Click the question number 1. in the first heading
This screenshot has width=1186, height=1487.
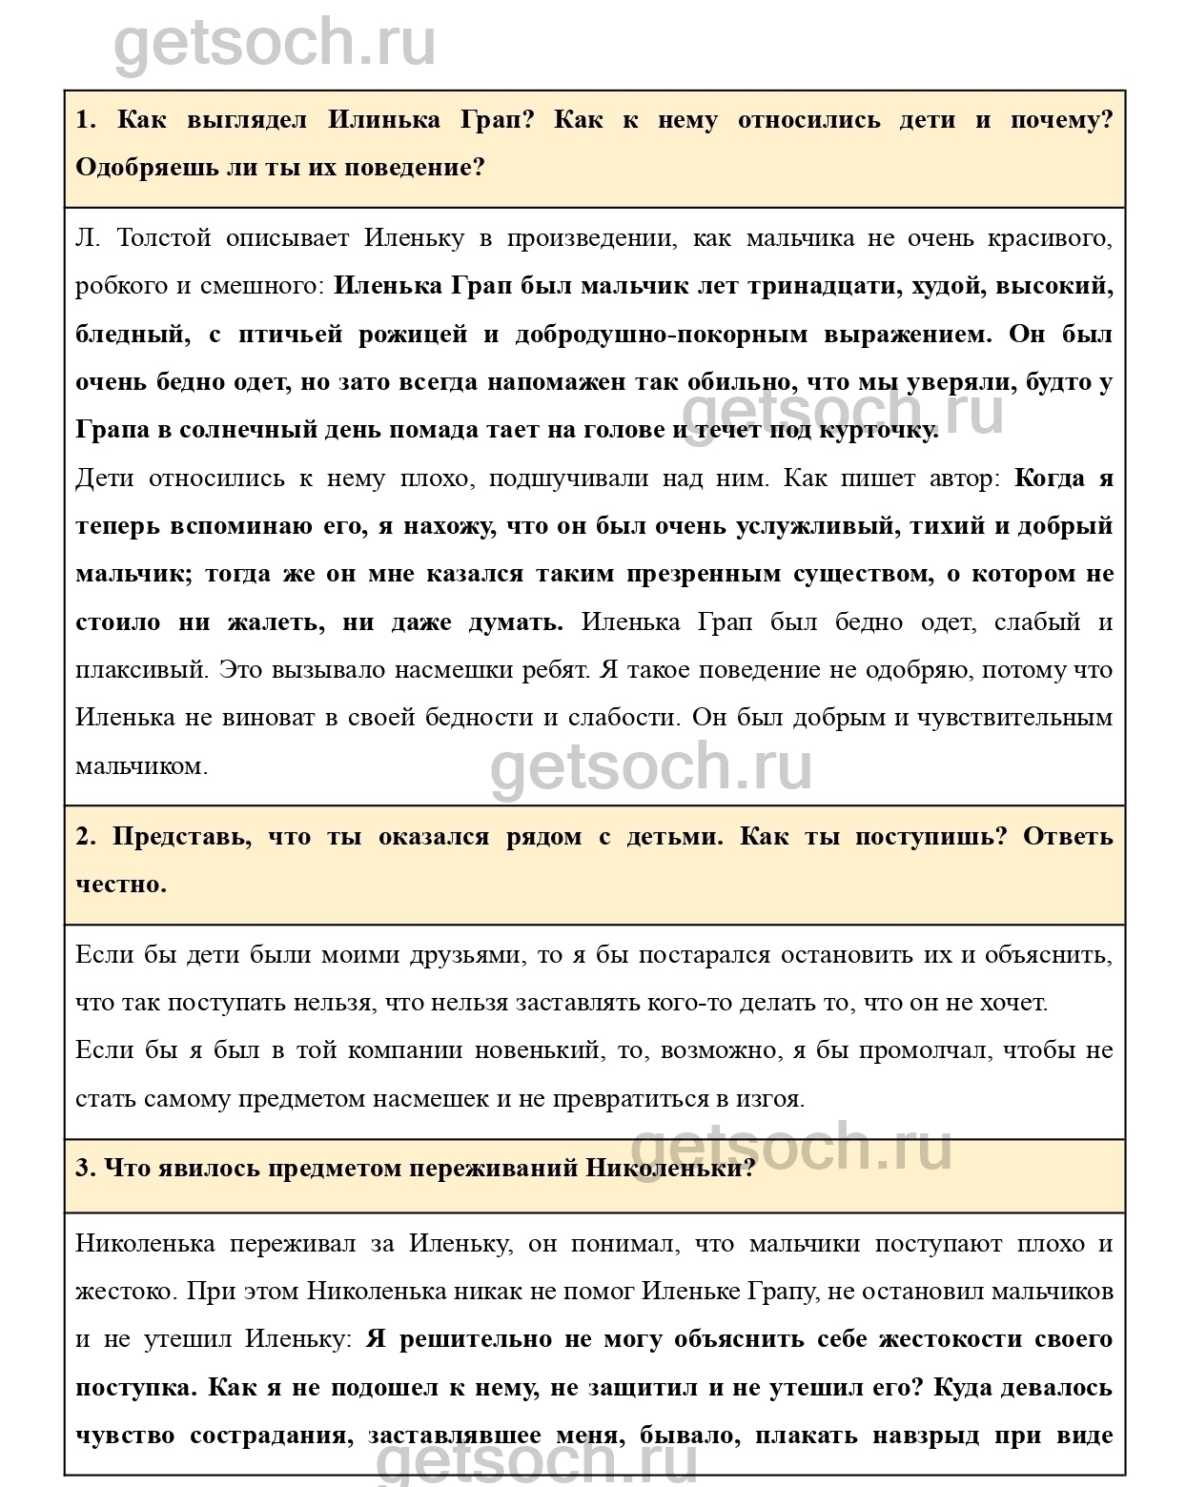(87, 120)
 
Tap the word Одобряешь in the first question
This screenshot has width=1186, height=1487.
(142, 168)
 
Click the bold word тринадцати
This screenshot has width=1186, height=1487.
(823, 286)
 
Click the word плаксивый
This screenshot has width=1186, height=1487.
(141, 670)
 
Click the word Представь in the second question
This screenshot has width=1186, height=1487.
(181, 837)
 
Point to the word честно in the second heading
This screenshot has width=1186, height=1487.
(120, 885)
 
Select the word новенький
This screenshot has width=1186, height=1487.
(543, 1050)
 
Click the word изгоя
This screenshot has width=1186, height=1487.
(769, 1099)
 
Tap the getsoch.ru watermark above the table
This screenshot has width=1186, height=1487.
(276, 43)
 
